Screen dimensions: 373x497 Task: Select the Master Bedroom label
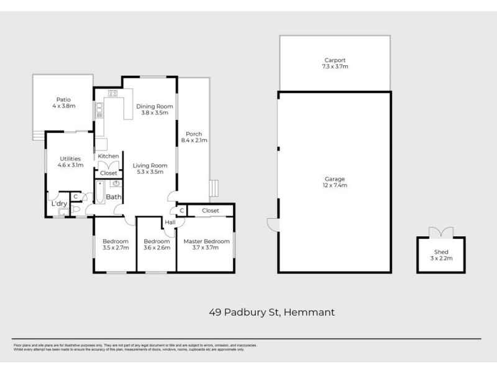(206, 241)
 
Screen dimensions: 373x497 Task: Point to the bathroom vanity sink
(116, 184)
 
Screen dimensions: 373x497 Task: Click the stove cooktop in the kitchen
(113, 94)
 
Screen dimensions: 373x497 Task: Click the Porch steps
(215, 188)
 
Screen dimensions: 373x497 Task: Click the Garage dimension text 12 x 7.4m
(335, 185)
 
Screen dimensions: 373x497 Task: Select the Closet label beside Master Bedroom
(211, 211)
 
